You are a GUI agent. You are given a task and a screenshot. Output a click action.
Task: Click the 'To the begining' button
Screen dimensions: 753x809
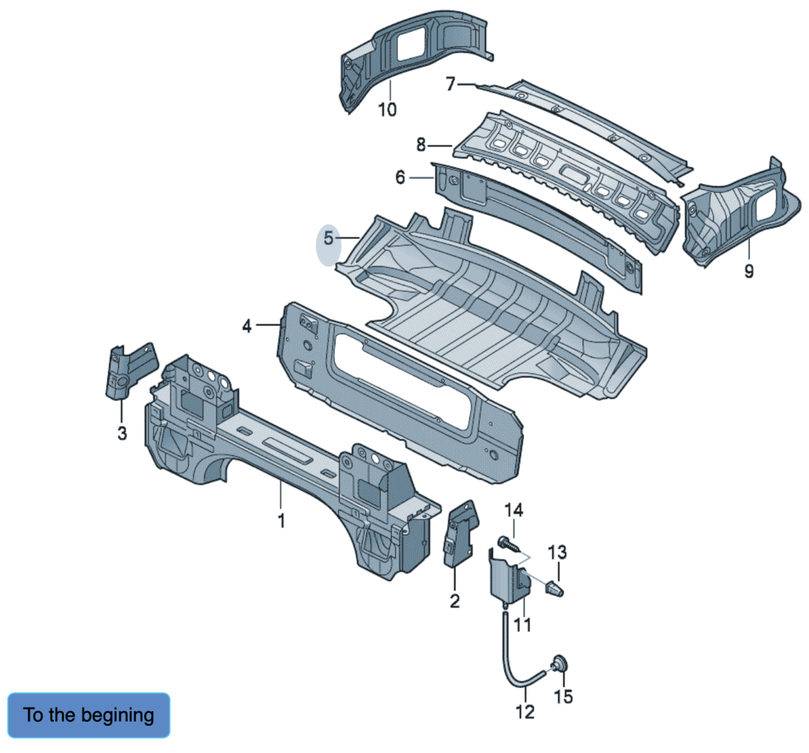(x=89, y=715)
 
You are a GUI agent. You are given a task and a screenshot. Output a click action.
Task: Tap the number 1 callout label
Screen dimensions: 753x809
(x=281, y=520)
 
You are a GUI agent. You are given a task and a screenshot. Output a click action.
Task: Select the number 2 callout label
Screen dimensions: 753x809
(x=454, y=601)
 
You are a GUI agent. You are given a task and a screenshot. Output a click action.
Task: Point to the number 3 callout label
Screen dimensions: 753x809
(x=122, y=433)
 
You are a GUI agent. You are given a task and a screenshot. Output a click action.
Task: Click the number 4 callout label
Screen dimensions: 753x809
(x=247, y=326)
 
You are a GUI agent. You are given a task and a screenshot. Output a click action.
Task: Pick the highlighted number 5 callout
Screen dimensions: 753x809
(x=328, y=239)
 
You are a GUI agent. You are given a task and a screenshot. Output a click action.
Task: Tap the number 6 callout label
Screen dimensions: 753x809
(x=400, y=178)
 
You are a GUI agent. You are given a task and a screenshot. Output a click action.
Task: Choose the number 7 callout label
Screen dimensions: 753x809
(x=451, y=84)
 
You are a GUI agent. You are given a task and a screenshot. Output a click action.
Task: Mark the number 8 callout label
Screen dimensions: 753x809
(x=421, y=145)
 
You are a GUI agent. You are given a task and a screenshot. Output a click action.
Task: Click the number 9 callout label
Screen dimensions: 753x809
(x=748, y=271)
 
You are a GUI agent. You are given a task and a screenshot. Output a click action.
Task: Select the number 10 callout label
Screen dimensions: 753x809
(x=387, y=109)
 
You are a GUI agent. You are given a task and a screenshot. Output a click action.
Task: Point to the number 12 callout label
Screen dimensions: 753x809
(x=524, y=712)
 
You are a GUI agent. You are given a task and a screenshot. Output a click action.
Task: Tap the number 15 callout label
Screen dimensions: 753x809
(x=563, y=696)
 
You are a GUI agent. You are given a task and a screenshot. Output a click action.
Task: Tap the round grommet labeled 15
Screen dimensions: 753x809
(x=559, y=663)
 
